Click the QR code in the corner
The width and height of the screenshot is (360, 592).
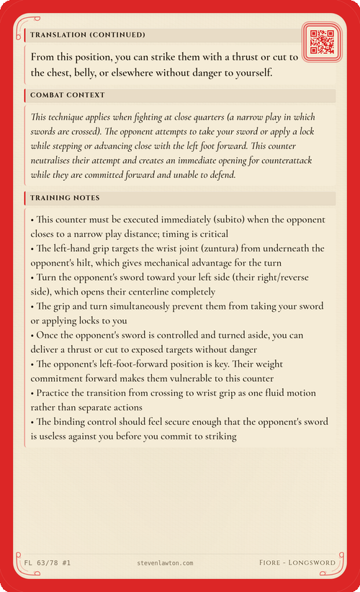[322, 42]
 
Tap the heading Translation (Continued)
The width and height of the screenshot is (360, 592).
[87, 35]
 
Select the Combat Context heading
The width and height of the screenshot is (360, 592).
[68, 95]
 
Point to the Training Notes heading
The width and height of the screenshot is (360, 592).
[65, 197]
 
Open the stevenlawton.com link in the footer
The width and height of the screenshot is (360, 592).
[164, 561]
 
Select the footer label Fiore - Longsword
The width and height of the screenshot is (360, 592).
[297, 561]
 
